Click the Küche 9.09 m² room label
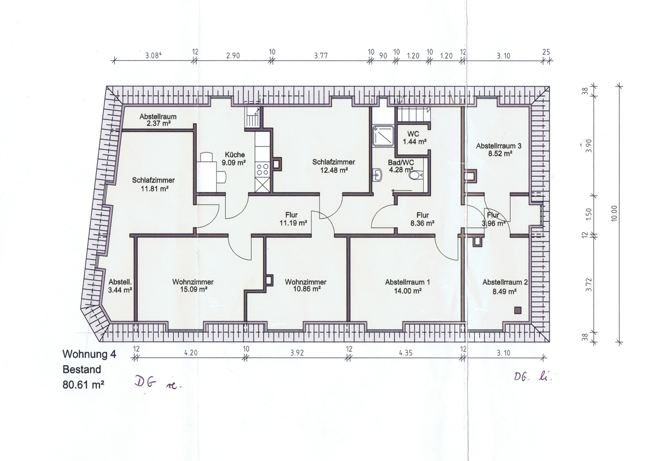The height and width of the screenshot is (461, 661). (235, 159)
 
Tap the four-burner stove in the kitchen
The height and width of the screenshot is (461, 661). (262, 170)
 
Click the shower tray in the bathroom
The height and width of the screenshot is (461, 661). (384, 136)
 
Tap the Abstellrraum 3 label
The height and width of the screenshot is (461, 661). (499, 146)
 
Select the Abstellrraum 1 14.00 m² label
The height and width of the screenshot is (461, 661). (408, 286)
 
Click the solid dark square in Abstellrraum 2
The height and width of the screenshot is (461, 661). (518, 310)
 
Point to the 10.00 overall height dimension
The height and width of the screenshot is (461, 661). (615, 214)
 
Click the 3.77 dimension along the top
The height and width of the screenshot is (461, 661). (321, 56)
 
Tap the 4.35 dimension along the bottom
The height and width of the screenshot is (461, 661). (406, 353)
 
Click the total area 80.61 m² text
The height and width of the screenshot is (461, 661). (83, 385)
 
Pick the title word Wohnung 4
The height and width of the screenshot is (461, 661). (89, 354)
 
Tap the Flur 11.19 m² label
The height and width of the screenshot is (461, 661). (293, 219)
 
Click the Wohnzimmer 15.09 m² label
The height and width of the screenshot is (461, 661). (193, 286)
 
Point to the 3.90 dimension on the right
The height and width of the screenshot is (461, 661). (589, 146)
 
